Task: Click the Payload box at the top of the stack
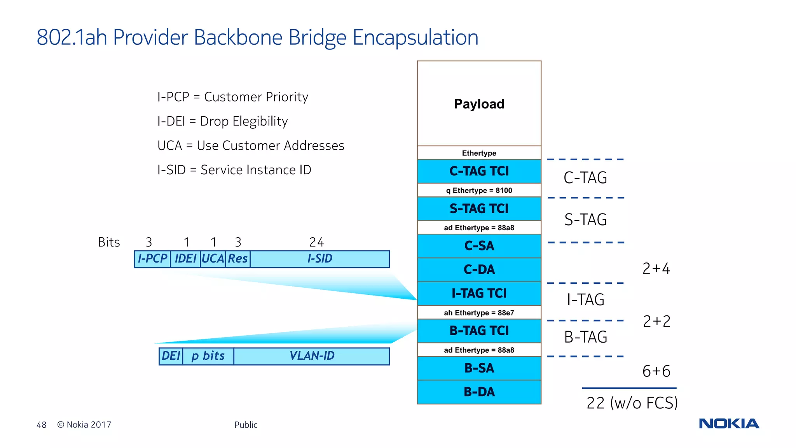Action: [x=479, y=103]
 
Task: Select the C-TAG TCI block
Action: [x=479, y=171]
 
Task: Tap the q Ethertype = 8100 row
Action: [x=479, y=190]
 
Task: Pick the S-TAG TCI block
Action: [x=479, y=208]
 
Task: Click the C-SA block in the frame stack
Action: [x=479, y=246]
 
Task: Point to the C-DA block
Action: [x=479, y=269]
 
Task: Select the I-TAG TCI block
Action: [x=479, y=293]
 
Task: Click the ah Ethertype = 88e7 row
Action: [x=479, y=313]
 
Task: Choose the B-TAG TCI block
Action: [x=479, y=331]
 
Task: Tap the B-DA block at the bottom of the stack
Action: [x=479, y=392]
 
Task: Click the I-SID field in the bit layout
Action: [x=319, y=259]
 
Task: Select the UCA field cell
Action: [x=213, y=259]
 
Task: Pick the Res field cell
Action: [x=237, y=259]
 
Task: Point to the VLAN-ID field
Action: [x=311, y=356]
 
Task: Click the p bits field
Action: [x=208, y=356]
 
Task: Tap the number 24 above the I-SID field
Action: [x=316, y=242]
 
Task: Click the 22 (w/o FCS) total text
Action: [x=632, y=403]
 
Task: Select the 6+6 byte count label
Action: [x=656, y=371]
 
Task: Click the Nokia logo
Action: [x=729, y=423]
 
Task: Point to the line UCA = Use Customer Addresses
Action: [x=251, y=145]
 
